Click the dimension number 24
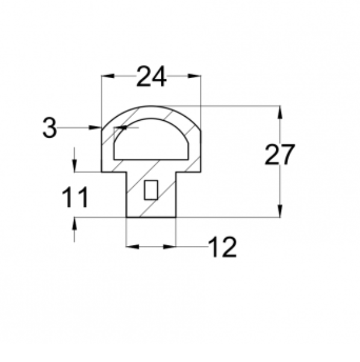151,76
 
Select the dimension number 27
279,155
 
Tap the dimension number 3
50,127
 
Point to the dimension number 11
75,197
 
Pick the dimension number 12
222,247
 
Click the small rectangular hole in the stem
151,190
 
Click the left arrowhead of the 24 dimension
108,76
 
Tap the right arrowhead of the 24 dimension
194,76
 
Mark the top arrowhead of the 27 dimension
280,112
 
